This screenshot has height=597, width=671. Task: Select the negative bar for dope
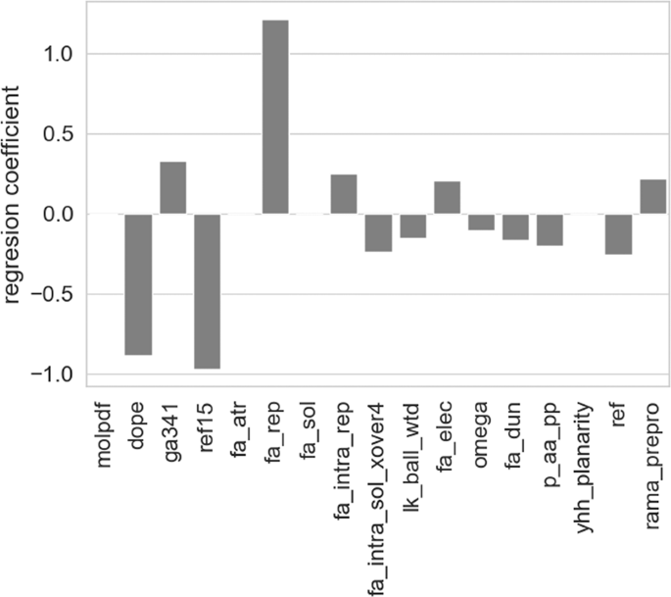[x=138, y=284]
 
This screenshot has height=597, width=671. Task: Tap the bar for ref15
[x=207, y=291]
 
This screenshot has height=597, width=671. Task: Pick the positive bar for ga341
[x=172, y=187]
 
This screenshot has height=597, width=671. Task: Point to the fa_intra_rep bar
[x=344, y=194]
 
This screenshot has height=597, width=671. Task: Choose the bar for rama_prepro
[x=652, y=196]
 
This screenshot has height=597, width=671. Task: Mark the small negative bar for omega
[x=481, y=222]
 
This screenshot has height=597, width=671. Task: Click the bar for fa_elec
[x=447, y=197]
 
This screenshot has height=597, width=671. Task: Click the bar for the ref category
[x=618, y=233]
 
